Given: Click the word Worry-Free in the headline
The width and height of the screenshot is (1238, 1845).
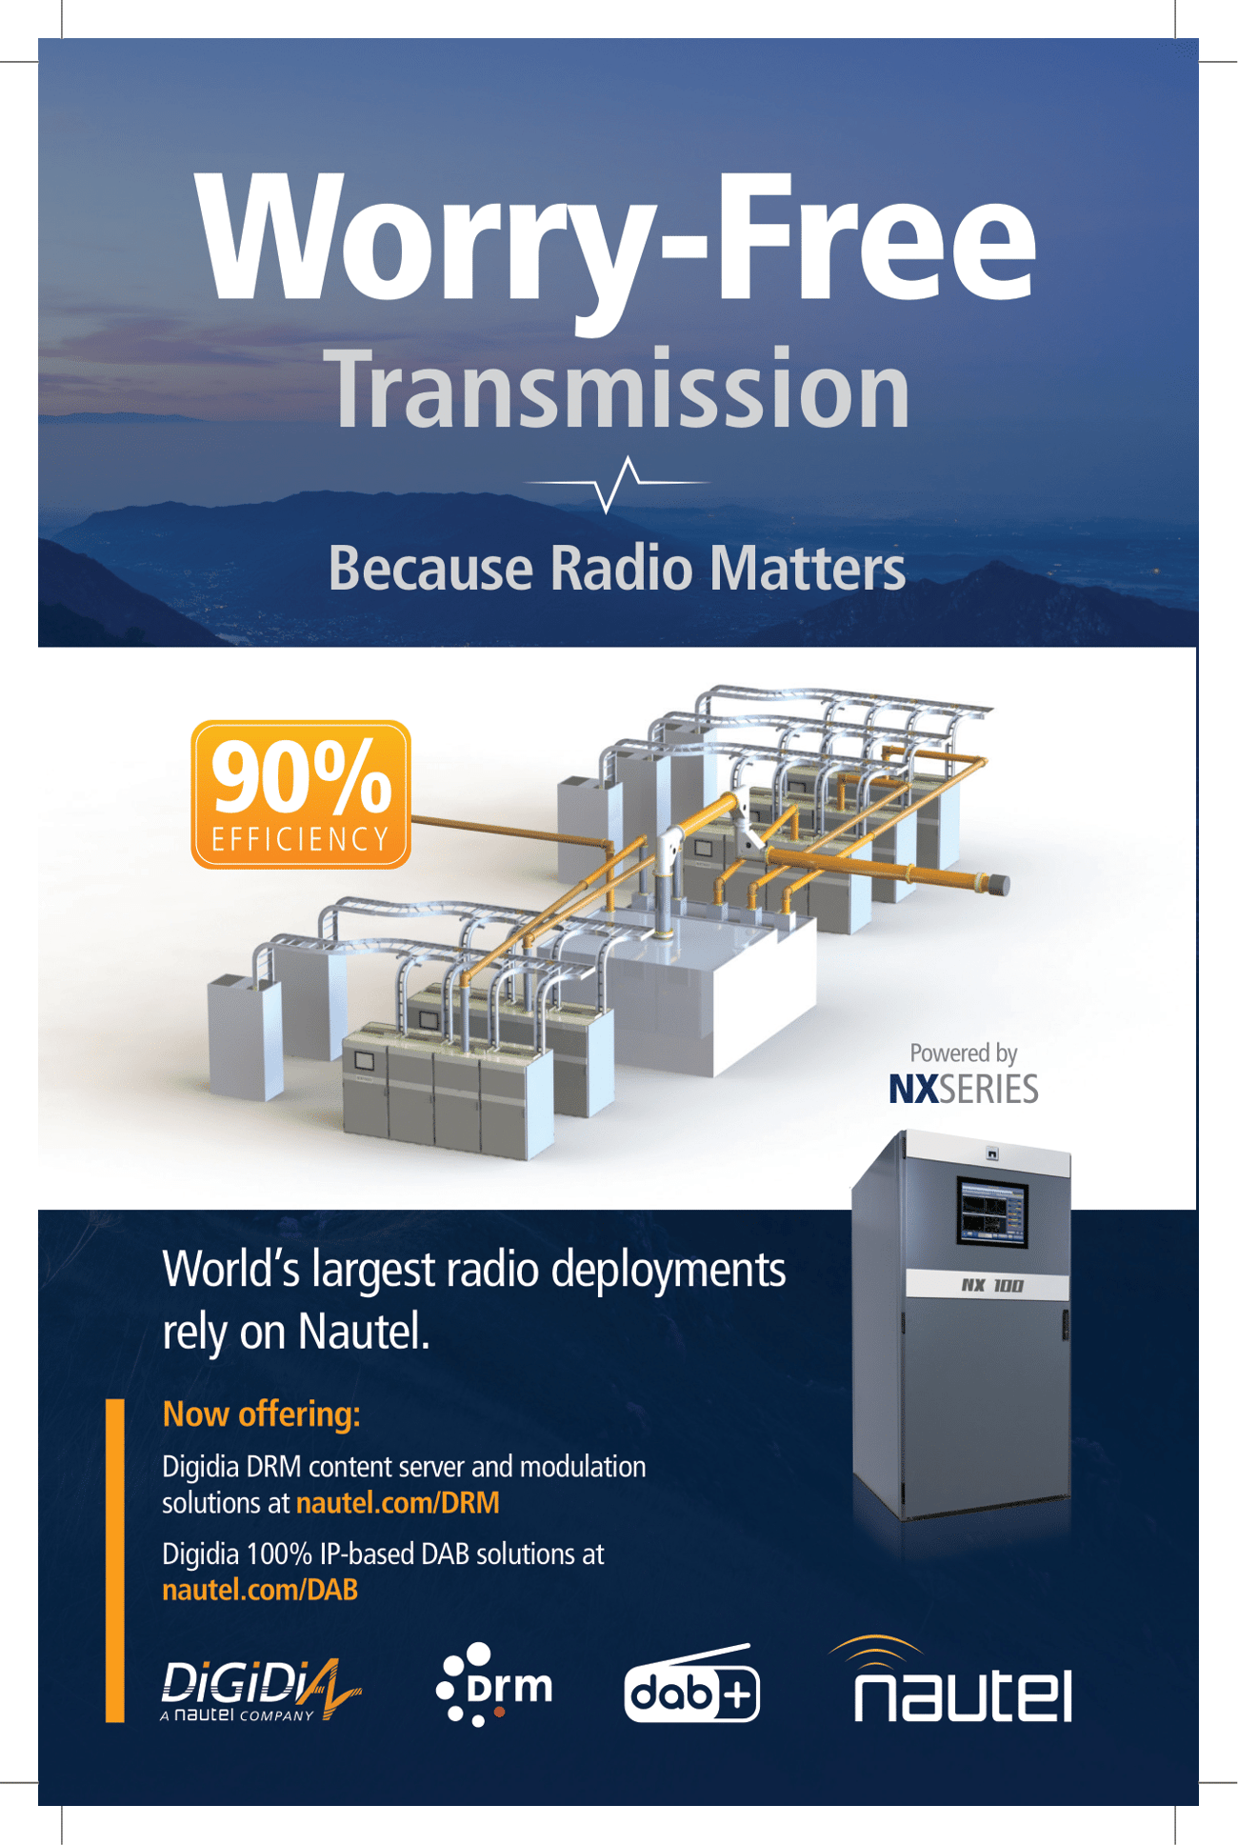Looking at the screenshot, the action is tap(616, 246).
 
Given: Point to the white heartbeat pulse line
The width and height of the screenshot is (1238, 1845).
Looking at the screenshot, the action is tap(617, 483).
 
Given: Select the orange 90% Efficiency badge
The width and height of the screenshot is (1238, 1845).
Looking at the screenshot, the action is tap(301, 794).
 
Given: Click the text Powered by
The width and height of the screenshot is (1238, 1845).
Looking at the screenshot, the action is tap(963, 1053).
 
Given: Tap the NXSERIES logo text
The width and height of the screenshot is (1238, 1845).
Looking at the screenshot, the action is tap(963, 1089).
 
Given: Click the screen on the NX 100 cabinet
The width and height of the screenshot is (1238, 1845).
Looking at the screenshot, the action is tap(992, 1212).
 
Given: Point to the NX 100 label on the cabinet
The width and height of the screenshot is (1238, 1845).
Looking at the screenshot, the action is tap(990, 1286).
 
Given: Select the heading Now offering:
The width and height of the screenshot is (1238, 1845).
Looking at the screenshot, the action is tap(262, 1414).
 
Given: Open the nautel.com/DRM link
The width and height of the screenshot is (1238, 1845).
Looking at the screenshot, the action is tap(398, 1503).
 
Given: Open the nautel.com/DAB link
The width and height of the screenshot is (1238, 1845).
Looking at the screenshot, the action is tap(260, 1590).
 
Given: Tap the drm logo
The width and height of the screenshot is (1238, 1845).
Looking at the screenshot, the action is tap(494, 1685).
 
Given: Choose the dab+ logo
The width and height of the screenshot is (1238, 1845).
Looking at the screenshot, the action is tap(692, 1685).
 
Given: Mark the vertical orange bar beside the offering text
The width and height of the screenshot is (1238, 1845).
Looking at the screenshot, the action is tap(115, 1561).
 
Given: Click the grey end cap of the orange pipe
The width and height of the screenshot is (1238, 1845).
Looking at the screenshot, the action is tap(998, 885).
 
